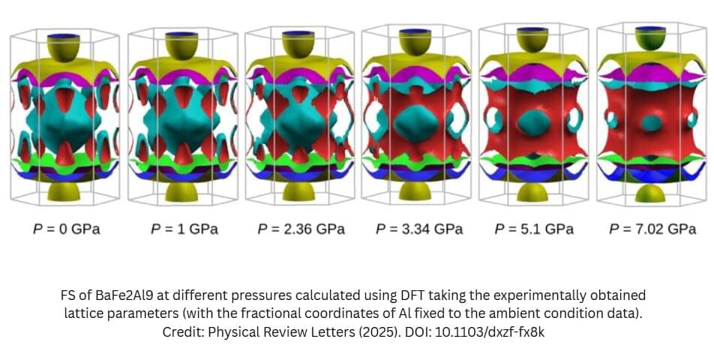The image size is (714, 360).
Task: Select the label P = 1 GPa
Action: click(x=184, y=229)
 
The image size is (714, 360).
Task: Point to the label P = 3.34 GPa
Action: click(x=416, y=229)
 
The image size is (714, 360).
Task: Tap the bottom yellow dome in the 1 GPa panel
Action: click(x=184, y=190)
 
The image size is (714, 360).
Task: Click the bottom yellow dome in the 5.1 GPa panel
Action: click(x=533, y=190)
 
